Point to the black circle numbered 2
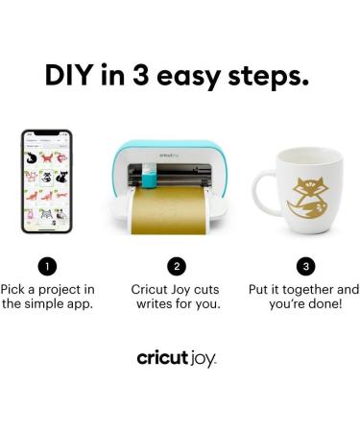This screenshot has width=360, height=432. pos(177,266)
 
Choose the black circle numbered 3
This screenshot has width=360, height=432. pos(306,266)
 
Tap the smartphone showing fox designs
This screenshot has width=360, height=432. pos(48,180)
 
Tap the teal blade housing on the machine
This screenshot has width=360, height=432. pos(150,180)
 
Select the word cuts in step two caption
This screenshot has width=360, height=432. pos(204,289)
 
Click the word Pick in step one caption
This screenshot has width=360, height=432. pos(14,289)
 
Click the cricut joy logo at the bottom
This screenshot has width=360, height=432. pos(177,358)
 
